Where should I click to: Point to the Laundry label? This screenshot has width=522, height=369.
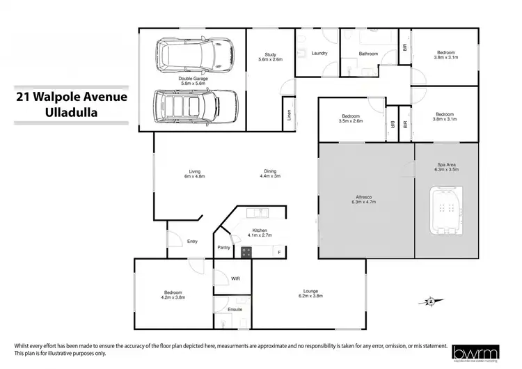click(319, 53)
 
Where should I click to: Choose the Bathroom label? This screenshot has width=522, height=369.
click(368, 54)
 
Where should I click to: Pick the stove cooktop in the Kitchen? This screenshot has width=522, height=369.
click(246, 251)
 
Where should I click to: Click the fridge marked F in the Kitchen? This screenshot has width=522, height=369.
click(279, 251)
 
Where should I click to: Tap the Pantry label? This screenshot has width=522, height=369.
click(223, 247)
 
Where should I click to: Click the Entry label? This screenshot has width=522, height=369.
click(192, 242)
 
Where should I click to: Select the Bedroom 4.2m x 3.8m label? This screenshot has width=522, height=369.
click(173, 296)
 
